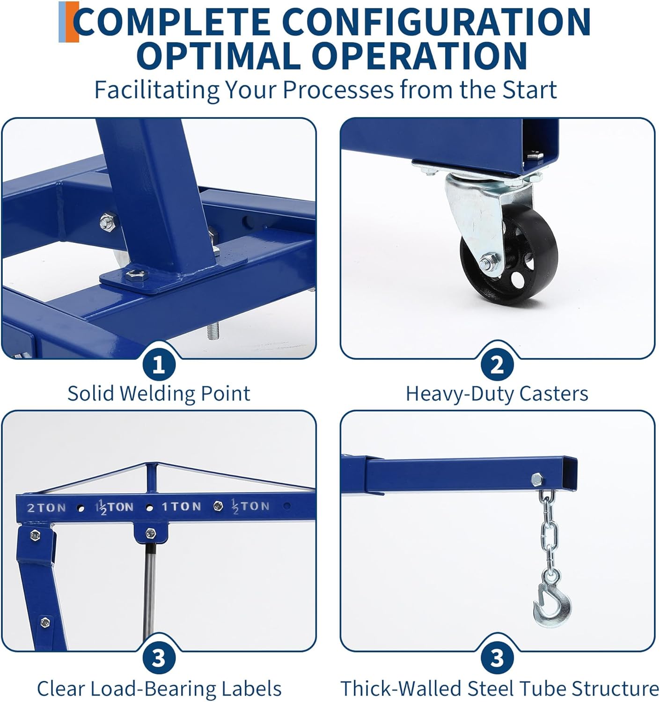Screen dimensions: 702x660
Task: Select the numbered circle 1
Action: coord(159,365)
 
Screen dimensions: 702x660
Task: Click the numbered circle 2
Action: coord(497,365)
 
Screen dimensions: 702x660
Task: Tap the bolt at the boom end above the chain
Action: coord(536,478)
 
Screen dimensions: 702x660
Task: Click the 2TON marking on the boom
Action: coord(46,508)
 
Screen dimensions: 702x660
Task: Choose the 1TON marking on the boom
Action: coord(181,506)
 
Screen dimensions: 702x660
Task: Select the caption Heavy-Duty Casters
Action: coord(497,394)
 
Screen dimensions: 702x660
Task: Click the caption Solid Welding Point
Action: coord(159,393)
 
